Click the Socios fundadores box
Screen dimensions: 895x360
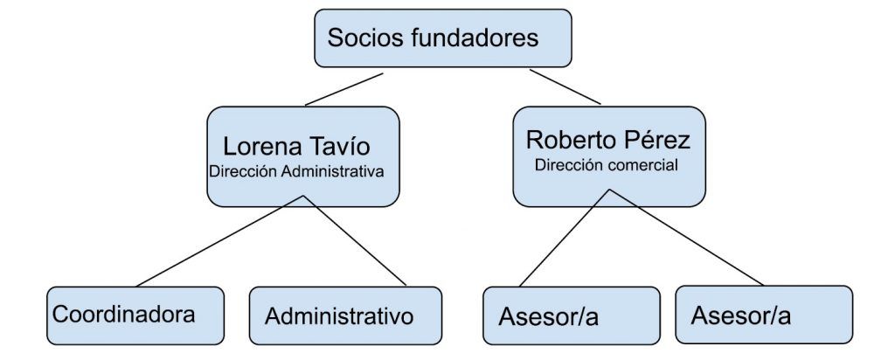pyautogui.click(x=442, y=38)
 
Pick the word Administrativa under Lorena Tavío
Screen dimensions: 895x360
pyautogui.click(x=333, y=171)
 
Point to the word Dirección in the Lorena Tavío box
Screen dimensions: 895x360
pyautogui.click(x=244, y=171)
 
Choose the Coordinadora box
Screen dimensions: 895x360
pyautogui.click(x=135, y=315)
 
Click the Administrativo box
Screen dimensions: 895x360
pyautogui.click(x=345, y=315)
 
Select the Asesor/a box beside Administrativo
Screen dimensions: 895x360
pyautogui.click(x=572, y=315)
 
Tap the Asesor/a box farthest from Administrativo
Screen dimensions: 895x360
pyautogui.click(x=764, y=315)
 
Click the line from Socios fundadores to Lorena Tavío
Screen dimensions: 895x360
pyautogui.click(x=344, y=89)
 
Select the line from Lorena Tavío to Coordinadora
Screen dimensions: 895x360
pyautogui.click(x=219, y=241)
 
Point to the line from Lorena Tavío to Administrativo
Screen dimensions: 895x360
pyautogui.click(x=355, y=241)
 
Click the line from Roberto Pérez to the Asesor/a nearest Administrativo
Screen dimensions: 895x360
pyautogui.click(x=565, y=238)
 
